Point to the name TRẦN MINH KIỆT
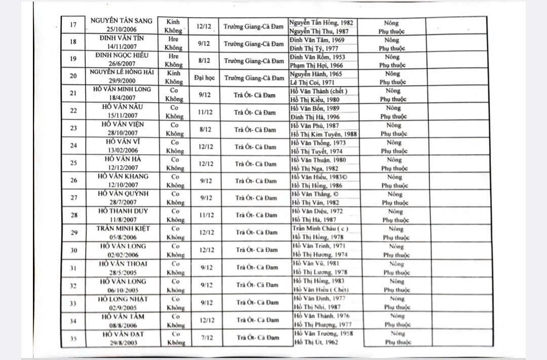[x=124, y=229]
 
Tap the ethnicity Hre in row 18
[x=174, y=39]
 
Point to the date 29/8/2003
[x=123, y=343]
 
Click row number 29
[x=74, y=232]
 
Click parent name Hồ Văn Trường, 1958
[x=323, y=333]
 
